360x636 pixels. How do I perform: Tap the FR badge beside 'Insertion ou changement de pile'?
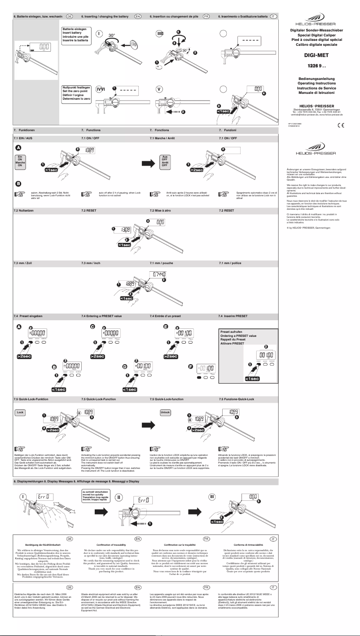click(x=206, y=16)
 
